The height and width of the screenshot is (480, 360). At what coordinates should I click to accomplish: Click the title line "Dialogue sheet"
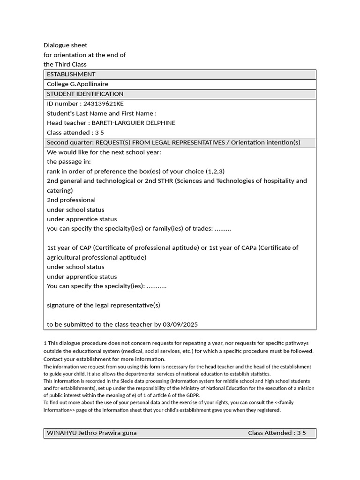click(65, 45)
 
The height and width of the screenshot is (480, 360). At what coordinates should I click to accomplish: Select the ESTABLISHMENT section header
click(71, 75)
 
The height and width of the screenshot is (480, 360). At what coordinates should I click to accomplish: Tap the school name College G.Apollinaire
click(77, 84)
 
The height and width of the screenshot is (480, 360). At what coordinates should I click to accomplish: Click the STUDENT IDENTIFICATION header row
click(85, 94)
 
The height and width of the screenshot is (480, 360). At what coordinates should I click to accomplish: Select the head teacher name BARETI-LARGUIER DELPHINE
click(134, 123)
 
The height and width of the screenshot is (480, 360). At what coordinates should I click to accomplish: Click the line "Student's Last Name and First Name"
click(102, 113)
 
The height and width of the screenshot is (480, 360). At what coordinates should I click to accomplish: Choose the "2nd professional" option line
click(71, 200)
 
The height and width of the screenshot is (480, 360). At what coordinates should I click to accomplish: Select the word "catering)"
click(60, 191)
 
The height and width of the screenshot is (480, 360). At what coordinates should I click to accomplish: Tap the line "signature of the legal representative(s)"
click(104, 305)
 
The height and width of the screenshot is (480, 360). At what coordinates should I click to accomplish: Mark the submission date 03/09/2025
click(181, 324)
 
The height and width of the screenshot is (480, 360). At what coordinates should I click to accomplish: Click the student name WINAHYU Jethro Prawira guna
click(92, 433)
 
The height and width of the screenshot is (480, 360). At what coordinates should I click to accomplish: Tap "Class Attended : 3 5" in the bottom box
click(277, 433)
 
